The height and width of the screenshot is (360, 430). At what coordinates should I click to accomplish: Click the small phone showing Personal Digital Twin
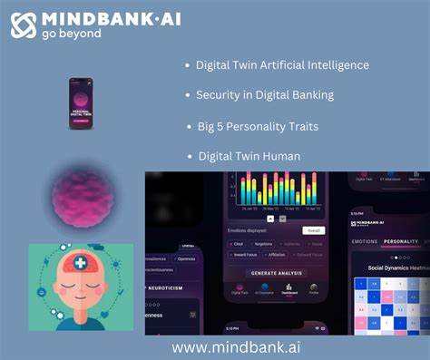[x=83, y=102]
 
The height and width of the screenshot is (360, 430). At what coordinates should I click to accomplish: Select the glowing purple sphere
[x=80, y=196]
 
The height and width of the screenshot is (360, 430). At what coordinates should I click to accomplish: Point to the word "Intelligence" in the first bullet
[x=338, y=65]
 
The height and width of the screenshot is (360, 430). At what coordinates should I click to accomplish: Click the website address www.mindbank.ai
[x=236, y=346]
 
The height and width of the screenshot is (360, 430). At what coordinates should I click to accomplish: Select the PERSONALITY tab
[x=400, y=242]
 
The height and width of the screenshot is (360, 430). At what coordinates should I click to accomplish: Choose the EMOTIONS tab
[x=364, y=242]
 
